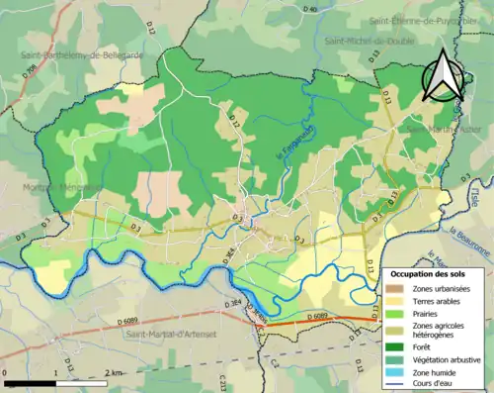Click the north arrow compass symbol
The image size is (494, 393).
tap(443, 73)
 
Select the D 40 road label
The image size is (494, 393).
tap(310, 9)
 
